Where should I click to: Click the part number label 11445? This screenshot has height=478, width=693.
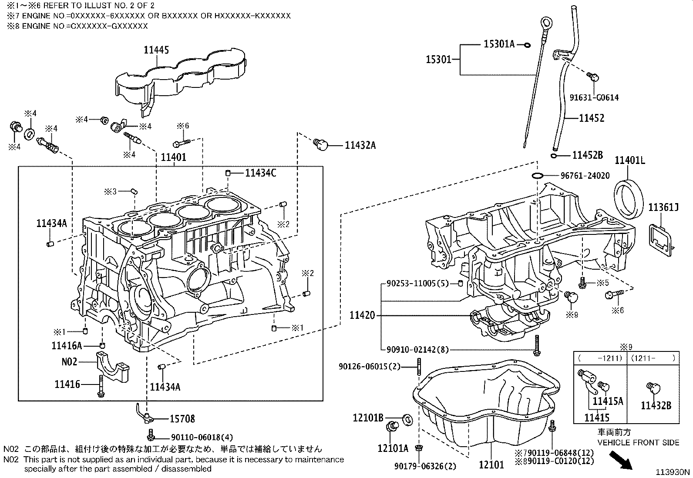pos(156,50)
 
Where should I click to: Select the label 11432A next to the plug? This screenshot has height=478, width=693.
pos(360,145)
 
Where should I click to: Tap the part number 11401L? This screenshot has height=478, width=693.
pos(629,160)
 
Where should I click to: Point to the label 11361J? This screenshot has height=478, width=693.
pos(663,207)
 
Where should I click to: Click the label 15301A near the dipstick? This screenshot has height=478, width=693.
pos(499,44)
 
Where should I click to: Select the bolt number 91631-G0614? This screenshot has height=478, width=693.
pos(594,98)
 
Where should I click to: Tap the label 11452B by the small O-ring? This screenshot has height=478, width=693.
pos(587,155)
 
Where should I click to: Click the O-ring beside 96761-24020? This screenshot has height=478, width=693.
pos(537,175)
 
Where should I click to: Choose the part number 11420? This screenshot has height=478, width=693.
pos(362,315)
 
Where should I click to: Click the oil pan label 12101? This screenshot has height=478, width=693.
pos(491,465)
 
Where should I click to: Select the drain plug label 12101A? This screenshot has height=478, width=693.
pos(393,448)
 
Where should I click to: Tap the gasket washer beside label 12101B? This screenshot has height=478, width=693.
pos(408,419)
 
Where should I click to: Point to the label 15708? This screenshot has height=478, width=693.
pos(182,419)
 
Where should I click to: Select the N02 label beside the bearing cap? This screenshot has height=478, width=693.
pos(69,361)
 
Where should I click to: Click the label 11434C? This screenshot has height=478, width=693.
pos(260,173)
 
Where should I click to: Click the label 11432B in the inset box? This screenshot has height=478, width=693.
pos(656,405)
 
